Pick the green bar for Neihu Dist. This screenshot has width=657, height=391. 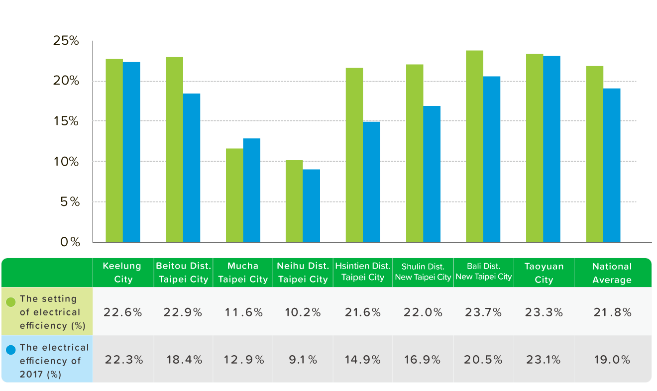pos(294,201)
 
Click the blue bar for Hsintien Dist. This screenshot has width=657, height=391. pos(371,182)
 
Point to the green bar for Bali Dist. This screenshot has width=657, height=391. pos(474,146)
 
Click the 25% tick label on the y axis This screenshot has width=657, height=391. pos(66,41)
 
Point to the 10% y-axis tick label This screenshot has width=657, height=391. pos(66,162)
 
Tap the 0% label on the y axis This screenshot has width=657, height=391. pos(70,242)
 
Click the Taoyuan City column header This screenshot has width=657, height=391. pos(544,273)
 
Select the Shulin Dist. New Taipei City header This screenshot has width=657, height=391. pos(423,272)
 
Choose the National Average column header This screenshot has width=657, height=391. pos(612,273)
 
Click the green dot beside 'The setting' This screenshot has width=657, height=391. pos(11,301)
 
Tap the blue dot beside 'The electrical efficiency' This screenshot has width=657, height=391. pos(11,350)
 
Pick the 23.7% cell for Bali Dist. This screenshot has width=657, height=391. pos(484,312)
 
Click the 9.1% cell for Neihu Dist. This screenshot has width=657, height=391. pos(303,360)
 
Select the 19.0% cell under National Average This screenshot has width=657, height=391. pos(612,360)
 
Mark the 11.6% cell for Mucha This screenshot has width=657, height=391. pos(243,312)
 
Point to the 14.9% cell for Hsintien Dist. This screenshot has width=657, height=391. pos(362,360)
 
